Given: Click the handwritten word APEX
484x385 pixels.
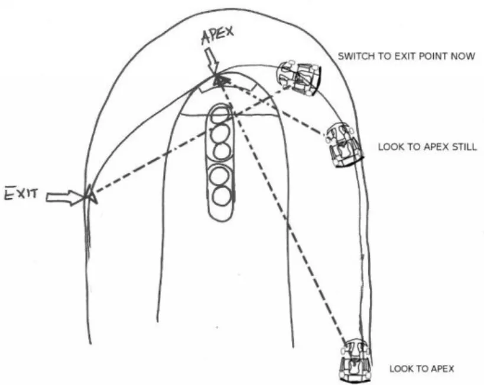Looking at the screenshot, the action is click(217, 40).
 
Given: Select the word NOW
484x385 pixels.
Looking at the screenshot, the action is click(464, 57).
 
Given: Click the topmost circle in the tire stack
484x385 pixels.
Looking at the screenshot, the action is click(222, 115).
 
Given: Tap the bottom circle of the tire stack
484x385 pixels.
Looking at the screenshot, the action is click(221, 195).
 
